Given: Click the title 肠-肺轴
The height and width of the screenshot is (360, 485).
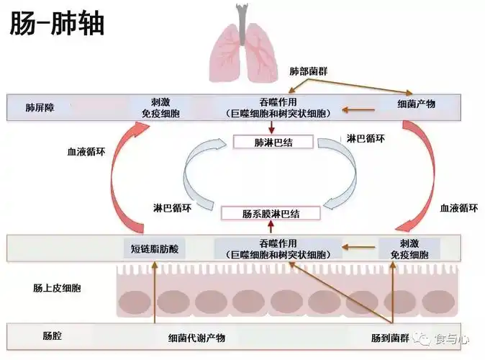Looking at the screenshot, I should coord(56,23).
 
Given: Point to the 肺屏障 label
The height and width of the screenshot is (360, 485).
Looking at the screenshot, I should coord(40,108).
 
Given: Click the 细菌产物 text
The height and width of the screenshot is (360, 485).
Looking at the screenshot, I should coord(416,104).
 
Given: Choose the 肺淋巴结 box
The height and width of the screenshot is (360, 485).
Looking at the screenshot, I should coord(273,141).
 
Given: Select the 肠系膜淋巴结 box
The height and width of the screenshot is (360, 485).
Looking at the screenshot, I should coord(270,213).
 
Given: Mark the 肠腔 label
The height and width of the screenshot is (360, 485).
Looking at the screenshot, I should coord(53,336).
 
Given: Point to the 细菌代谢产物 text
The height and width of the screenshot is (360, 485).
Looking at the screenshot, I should coord(196,338).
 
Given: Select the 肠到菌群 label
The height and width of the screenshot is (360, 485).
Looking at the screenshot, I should coord(389,338).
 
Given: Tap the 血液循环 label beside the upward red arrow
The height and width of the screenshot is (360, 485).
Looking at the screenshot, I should coord(86,153).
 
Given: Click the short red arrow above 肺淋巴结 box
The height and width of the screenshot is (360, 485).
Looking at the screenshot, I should coord(269,127).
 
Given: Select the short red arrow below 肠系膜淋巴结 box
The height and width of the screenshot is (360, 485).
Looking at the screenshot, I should coord(270,228).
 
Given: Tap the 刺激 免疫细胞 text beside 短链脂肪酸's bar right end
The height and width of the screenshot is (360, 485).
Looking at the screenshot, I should coord(409,249).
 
